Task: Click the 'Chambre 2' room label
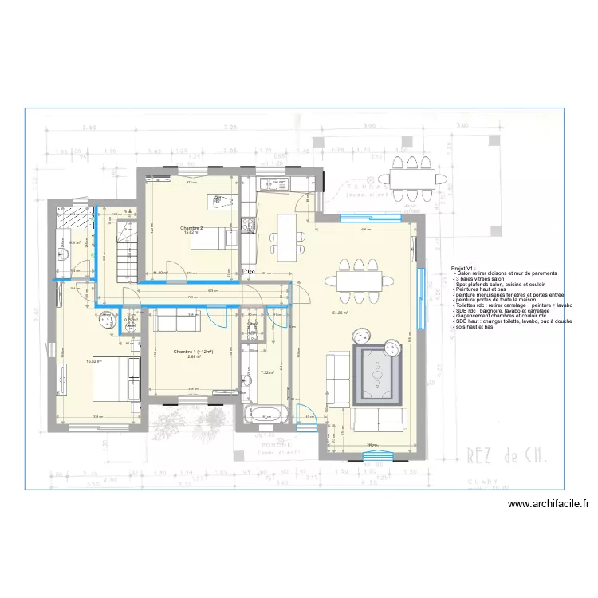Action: tap(191, 229)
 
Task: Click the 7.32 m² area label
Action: tap(267, 372)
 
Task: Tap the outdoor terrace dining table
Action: tap(410, 178)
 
